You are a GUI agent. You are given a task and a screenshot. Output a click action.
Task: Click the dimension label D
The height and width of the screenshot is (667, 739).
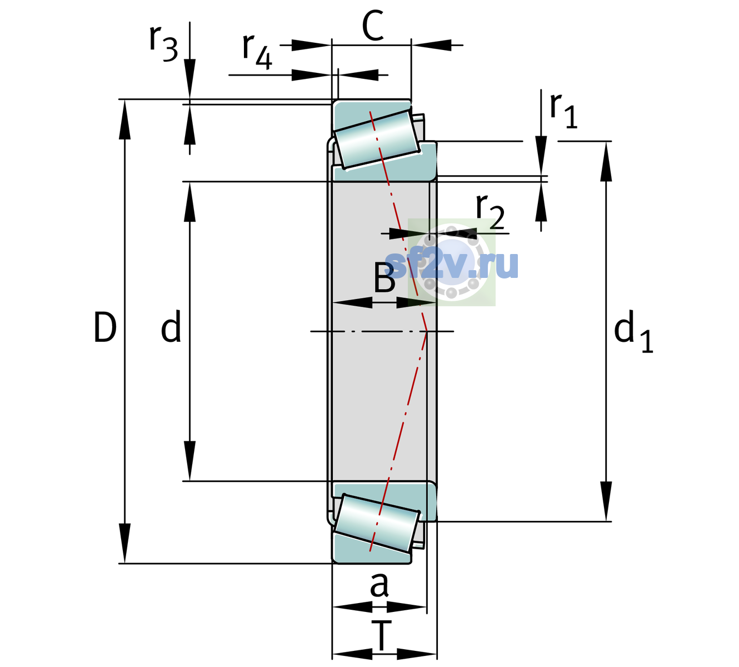105,327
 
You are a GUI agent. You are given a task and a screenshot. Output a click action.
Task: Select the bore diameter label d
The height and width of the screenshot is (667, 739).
171,326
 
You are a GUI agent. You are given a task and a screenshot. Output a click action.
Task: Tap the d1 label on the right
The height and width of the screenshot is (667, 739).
633,331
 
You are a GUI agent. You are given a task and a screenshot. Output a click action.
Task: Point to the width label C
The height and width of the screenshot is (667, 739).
373,26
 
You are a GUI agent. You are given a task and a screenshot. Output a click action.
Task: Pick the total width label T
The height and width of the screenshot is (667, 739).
381,636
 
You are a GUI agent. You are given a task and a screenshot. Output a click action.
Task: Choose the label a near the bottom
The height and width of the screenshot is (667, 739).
379,585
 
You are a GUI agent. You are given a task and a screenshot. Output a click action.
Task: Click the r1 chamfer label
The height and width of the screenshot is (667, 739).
563,111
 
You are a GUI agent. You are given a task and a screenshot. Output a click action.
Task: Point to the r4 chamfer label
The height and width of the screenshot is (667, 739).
257,52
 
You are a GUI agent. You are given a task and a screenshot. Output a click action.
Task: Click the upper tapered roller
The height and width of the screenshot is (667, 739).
377,140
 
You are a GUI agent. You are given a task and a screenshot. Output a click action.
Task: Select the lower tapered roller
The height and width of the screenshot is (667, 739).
377,523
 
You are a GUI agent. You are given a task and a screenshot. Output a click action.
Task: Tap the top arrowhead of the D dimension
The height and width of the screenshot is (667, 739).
124,120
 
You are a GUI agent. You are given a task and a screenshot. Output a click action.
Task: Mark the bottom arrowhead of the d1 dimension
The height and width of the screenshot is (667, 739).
606,501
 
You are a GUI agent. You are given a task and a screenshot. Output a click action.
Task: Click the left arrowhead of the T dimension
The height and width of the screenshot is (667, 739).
352,655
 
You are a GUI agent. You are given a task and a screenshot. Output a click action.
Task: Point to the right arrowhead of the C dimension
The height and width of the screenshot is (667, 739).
431,46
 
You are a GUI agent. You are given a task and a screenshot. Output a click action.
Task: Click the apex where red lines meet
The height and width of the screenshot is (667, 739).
427,331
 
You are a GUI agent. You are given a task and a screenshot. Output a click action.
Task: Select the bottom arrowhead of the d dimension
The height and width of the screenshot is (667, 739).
189,461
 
